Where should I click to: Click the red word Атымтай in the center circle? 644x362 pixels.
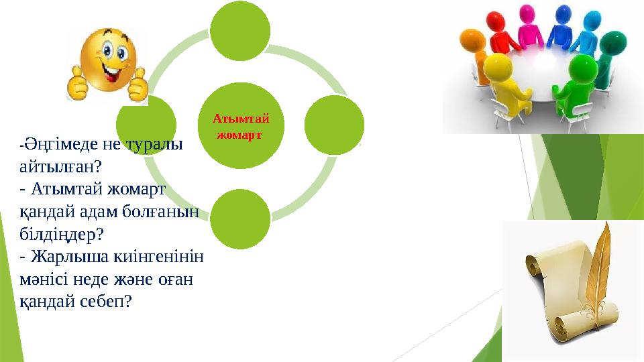click(x=241, y=119)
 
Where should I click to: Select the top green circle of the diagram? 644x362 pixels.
click(x=240, y=29)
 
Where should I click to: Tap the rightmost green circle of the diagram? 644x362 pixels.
click(x=334, y=125)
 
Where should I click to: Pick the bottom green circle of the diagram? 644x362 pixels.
click(x=240, y=219)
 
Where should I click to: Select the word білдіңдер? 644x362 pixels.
click(x=58, y=234)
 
